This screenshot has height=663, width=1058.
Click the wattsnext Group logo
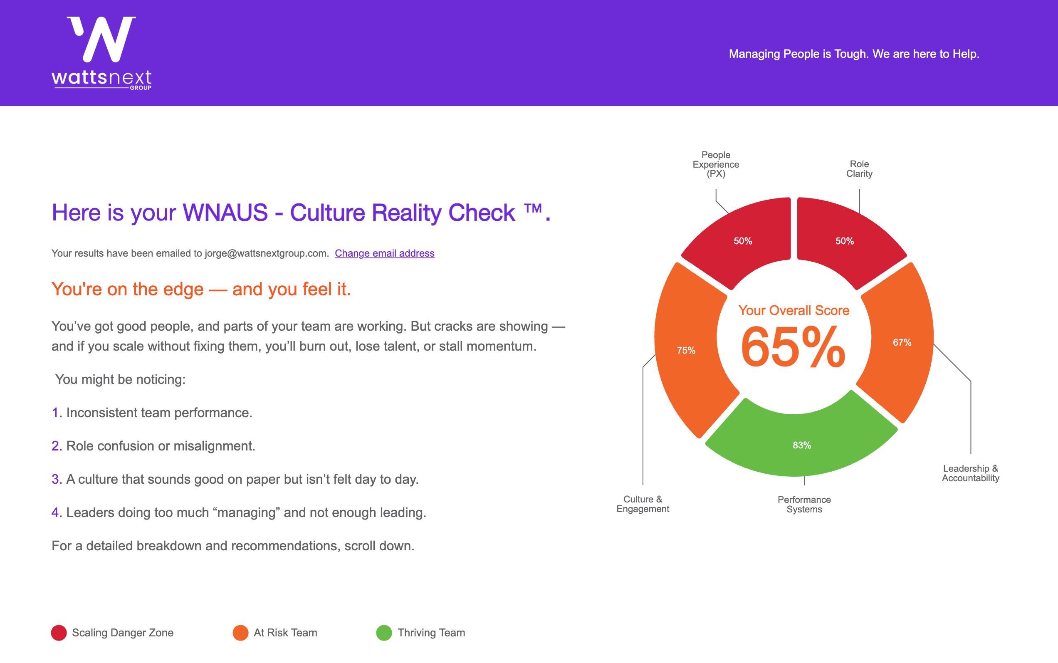coord(102,53)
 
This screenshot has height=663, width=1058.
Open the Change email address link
coord(385,253)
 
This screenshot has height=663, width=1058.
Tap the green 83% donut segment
coord(801,443)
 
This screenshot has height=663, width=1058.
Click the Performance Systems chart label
coord(804,504)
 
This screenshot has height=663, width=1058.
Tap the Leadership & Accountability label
coord(970,473)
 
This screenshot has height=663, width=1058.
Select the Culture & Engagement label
coord(643,504)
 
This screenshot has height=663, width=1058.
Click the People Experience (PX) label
coord(716,164)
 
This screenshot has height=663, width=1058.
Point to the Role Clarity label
coord(859,169)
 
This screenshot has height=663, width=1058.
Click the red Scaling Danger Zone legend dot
coord(59,633)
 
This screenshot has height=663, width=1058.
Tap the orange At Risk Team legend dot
coord(241,633)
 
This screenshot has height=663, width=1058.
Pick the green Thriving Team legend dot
coord(384,633)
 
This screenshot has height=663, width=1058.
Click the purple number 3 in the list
coord(56,479)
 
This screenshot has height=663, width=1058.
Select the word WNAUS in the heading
coord(225,213)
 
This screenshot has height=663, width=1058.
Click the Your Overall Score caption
coord(793,310)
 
